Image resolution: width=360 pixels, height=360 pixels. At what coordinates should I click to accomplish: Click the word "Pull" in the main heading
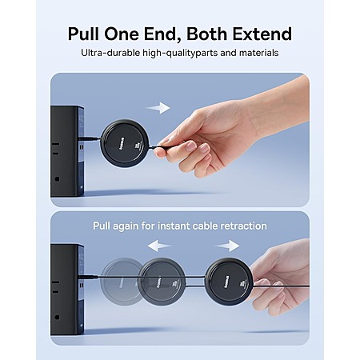(x=83, y=34)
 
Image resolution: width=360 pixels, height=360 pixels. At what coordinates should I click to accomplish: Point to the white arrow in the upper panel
(x=158, y=108)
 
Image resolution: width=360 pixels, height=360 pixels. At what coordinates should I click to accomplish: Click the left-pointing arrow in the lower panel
(x=160, y=246)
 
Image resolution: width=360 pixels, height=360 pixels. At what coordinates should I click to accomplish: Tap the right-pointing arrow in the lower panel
(x=227, y=246)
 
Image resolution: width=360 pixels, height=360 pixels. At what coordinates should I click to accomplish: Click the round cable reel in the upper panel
(x=125, y=143)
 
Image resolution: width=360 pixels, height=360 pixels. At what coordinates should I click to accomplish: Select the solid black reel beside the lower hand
(x=229, y=282)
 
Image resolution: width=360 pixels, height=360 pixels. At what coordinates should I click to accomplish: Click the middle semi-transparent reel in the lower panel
(x=162, y=282)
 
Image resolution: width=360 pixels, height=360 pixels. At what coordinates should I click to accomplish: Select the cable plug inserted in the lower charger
(x=88, y=277)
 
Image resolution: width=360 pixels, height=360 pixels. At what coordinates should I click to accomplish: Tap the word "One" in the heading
(x=122, y=34)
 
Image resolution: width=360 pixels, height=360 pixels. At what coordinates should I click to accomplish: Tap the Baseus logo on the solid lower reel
(x=226, y=282)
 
